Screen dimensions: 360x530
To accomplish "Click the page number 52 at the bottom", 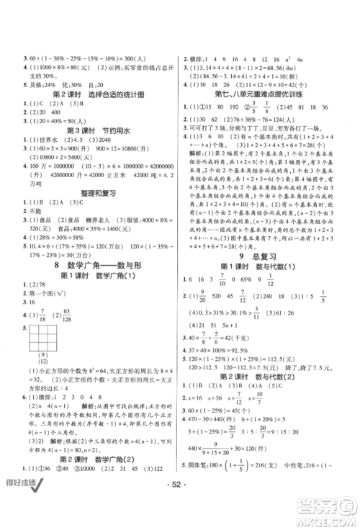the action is click(x=179, y=500).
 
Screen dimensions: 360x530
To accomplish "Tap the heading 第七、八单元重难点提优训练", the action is click(x=264, y=94).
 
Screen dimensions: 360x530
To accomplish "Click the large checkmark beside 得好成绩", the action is click(x=55, y=499).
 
